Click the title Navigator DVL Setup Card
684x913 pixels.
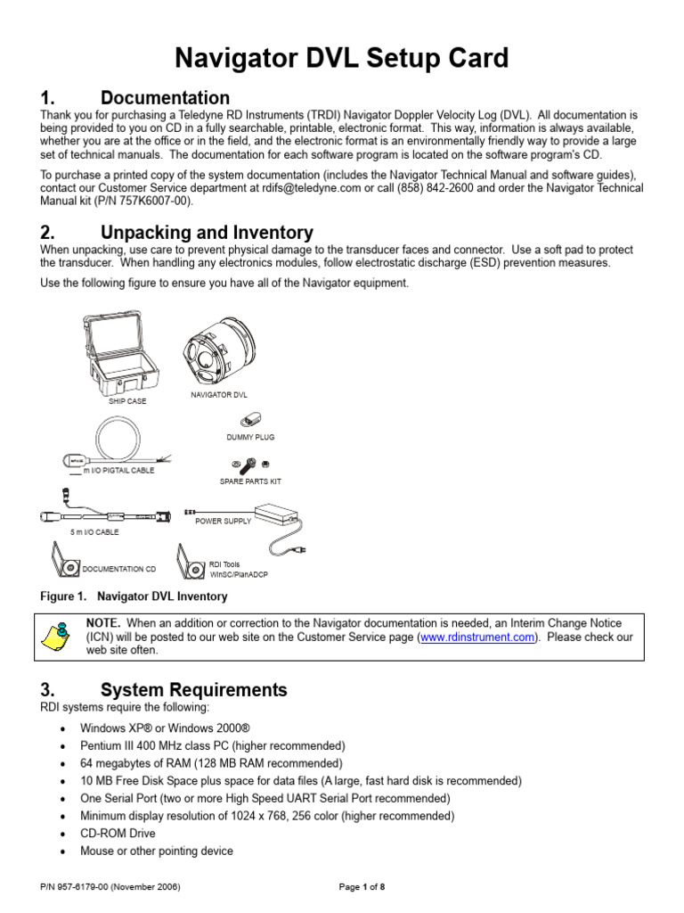coord(342,59)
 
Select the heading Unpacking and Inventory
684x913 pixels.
coord(207,233)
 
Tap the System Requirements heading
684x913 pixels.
coord(193,689)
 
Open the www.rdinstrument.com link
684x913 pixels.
coord(477,637)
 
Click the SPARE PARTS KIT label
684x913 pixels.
coord(250,481)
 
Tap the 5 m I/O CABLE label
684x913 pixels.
coord(95,532)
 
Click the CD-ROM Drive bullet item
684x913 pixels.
coord(118,834)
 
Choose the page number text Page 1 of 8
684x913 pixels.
coord(362,887)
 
